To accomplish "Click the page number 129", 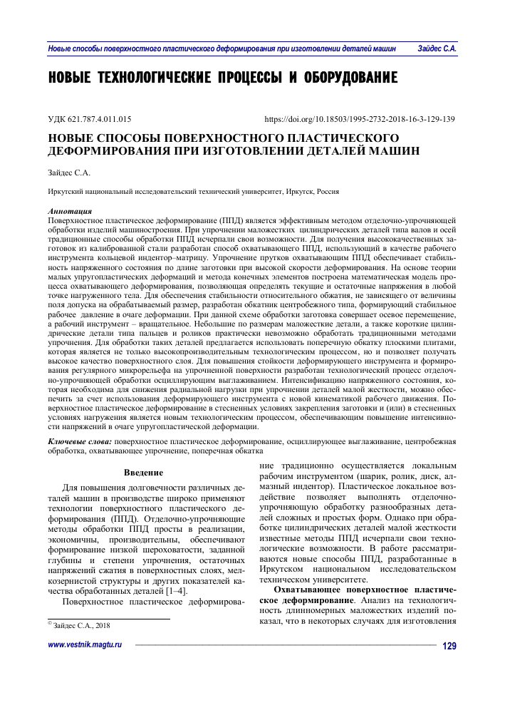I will click(449, 666).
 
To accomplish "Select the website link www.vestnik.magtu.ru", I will click(85, 664).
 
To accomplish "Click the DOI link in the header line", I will click(360, 119).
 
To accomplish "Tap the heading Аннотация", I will click(69, 212).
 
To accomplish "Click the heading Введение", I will click(144, 473).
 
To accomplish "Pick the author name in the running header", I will click(437, 49).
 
